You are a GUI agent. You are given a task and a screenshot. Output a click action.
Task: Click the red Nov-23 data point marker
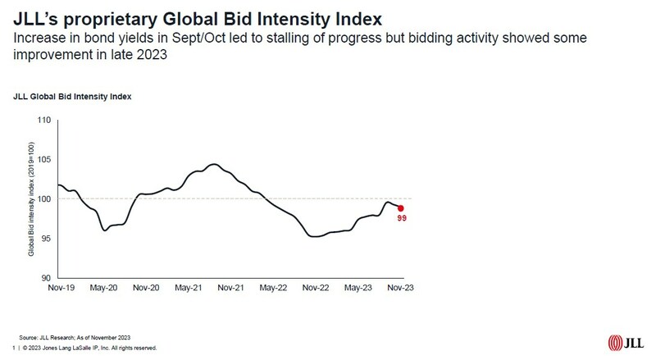pyautogui.click(x=400, y=208)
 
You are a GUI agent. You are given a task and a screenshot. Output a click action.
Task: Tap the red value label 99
pyautogui.click(x=402, y=219)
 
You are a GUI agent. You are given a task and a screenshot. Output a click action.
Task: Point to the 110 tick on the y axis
pyautogui.click(x=44, y=121)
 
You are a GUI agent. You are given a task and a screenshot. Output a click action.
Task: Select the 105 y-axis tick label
pyautogui.click(x=44, y=160)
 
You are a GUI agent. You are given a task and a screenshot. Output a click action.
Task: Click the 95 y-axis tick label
pyautogui.click(x=46, y=239)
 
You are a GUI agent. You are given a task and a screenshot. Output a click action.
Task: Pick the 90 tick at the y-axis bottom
pyautogui.click(x=46, y=278)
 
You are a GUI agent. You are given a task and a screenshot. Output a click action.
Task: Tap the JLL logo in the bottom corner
pyautogui.click(x=627, y=342)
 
